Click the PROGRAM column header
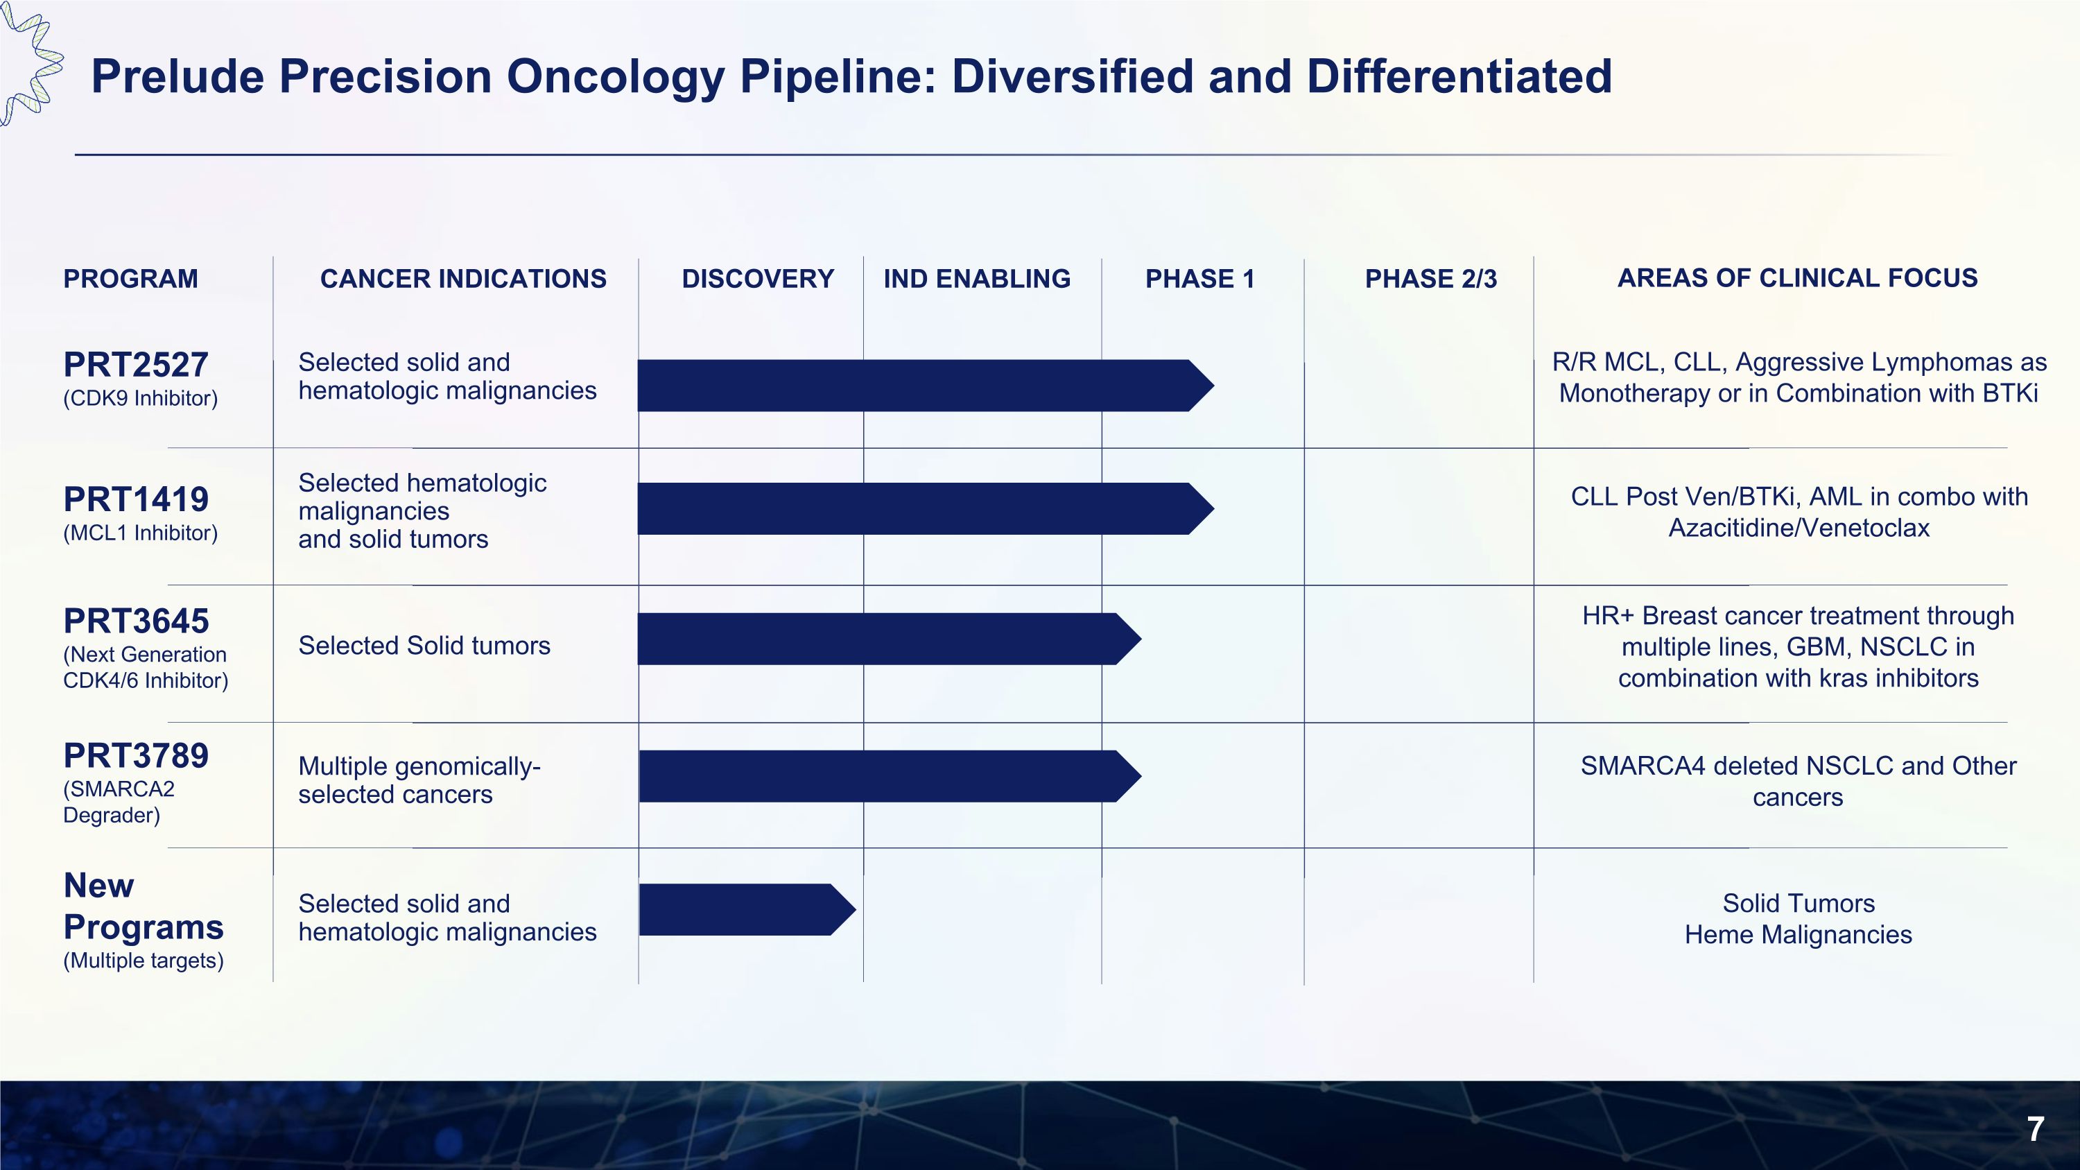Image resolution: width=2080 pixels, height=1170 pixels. pos(131,279)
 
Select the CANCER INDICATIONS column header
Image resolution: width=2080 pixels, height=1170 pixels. pos(462,279)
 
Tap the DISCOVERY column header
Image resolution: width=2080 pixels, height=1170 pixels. pos(757,279)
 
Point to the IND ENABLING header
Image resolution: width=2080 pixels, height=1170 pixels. pos(976,279)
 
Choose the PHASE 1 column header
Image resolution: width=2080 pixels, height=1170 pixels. pos(1200,279)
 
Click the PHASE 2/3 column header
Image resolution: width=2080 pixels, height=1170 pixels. pos(1430,279)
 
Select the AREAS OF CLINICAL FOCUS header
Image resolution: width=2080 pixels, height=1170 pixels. pos(1797,278)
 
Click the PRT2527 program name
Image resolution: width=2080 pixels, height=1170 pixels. pos(136,365)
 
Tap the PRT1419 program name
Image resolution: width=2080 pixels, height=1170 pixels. pos(136,500)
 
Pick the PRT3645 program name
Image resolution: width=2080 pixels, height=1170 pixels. pos(136,621)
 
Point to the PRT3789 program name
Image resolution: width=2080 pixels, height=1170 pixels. pos(136,757)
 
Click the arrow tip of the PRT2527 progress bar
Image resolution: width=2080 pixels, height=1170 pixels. pos(1202,386)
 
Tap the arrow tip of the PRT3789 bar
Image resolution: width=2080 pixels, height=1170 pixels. pos(1129,776)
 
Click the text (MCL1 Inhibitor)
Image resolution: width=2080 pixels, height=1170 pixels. pos(141,533)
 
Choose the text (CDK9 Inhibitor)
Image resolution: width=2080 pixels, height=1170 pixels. pos(141,398)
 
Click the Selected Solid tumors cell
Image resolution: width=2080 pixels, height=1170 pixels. pos(424,646)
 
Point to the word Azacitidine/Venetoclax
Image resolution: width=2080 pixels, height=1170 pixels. pos(1799,528)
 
